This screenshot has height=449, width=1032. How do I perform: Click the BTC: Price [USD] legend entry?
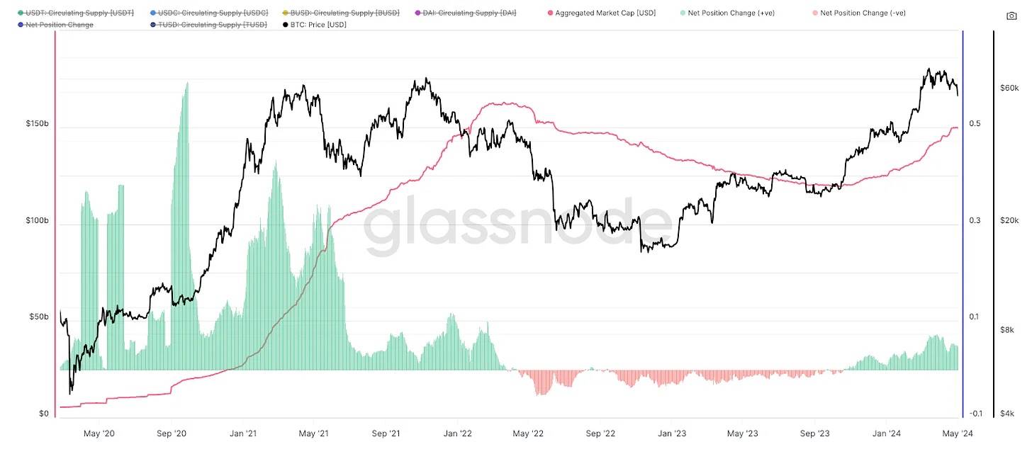point(318,25)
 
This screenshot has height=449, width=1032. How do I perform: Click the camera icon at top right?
point(1011,16)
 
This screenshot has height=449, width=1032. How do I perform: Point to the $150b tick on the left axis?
point(37,124)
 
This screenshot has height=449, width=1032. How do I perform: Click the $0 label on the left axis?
point(43,414)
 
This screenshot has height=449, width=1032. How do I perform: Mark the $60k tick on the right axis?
point(1009,89)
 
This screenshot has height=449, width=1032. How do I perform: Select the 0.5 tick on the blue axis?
point(975,124)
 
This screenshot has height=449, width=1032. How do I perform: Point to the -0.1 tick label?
point(975,414)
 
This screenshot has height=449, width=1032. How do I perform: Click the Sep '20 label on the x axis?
point(171,433)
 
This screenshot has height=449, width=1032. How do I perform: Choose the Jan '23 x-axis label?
point(671,433)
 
